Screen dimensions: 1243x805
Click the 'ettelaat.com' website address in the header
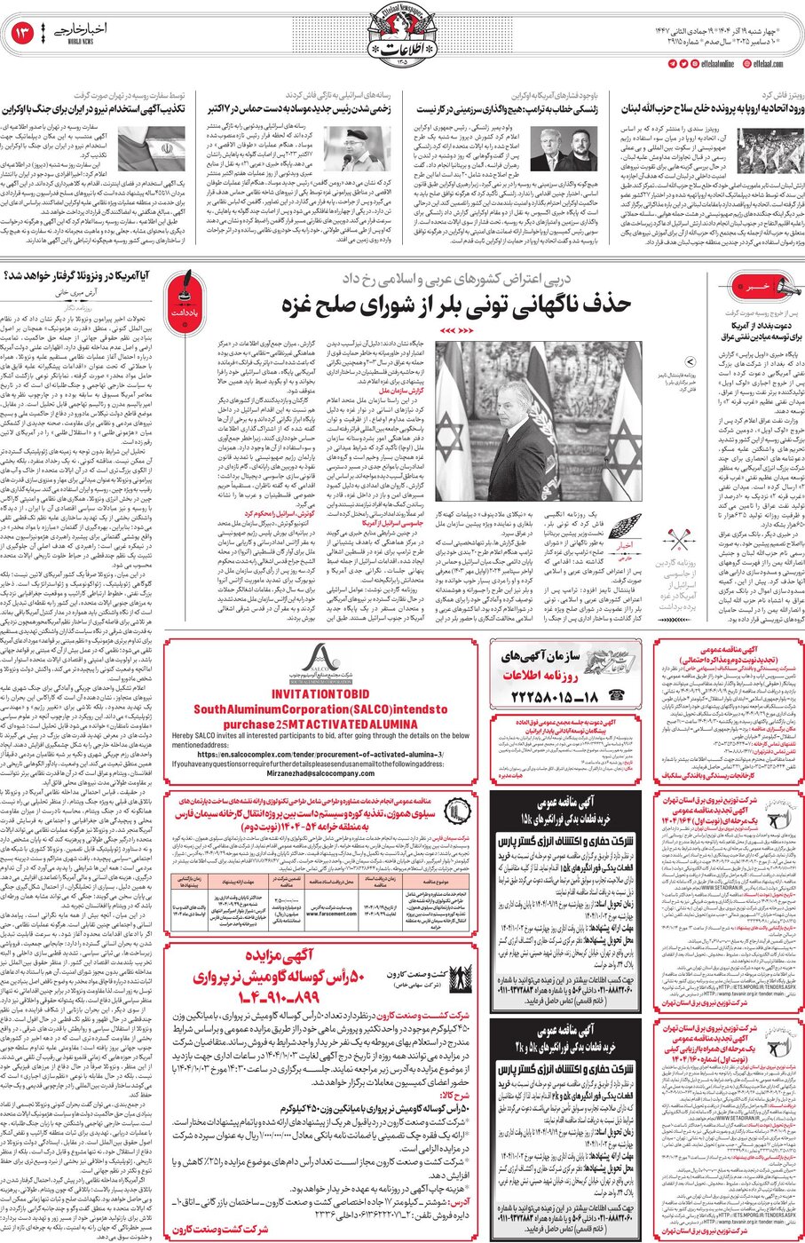click(768, 64)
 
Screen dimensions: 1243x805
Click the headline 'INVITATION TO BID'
click(321, 693)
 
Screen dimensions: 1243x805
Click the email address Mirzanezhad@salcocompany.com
click(321, 773)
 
